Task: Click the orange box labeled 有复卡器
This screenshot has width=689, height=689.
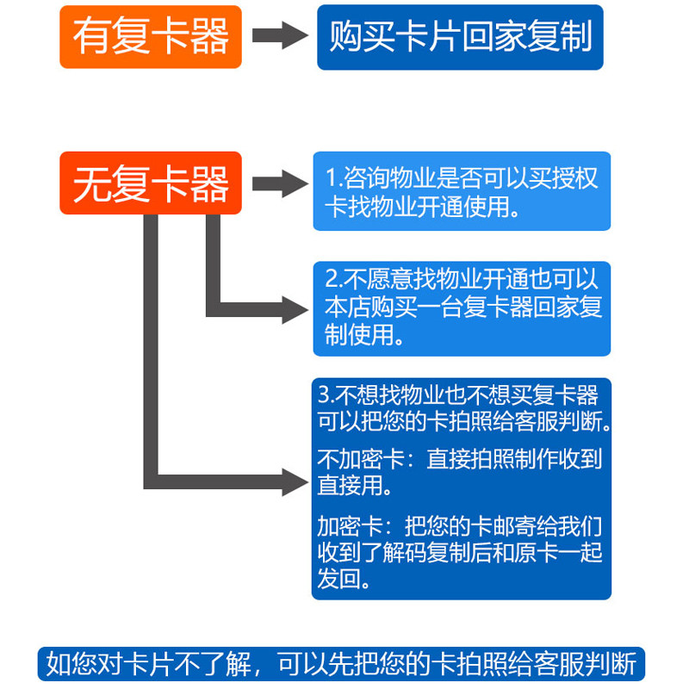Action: pyautogui.click(x=151, y=37)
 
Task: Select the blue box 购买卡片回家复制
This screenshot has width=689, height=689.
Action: pyautogui.click(x=460, y=37)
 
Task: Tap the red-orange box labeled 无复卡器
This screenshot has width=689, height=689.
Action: pyautogui.click(x=151, y=183)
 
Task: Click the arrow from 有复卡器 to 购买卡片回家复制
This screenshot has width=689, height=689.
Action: pyautogui.click(x=281, y=36)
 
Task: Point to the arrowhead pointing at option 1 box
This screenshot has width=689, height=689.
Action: pyautogui.click(x=295, y=183)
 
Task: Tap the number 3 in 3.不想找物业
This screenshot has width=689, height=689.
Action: pyautogui.click(x=324, y=395)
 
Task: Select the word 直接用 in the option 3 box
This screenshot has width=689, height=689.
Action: pyautogui.click(x=349, y=486)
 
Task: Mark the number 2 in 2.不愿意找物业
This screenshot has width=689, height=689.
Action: pyautogui.click(x=332, y=279)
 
